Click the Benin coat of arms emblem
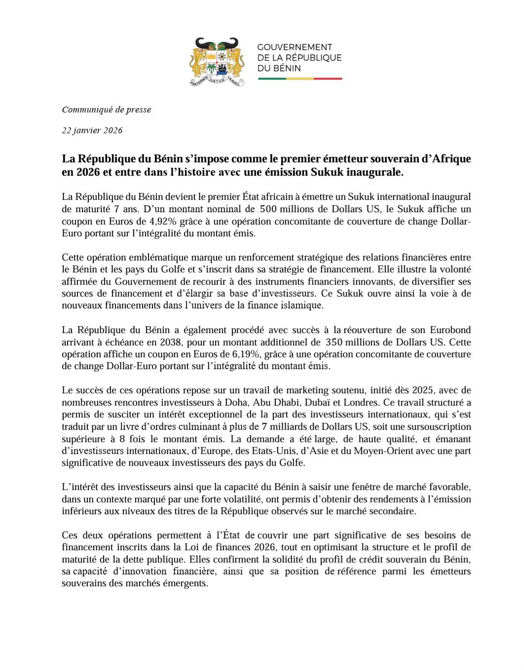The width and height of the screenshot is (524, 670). [x=217, y=62]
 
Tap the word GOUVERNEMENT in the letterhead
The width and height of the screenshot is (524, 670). [x=295, y=47]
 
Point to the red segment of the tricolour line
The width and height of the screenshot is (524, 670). [x=328, y=78]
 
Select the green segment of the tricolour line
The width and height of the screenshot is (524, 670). [x=272, y=78]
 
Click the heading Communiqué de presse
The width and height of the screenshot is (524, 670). [x=106, y=110]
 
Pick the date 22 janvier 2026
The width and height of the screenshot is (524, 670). [x=92, y=130]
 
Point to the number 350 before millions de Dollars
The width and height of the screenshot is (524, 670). [x=334, y=342]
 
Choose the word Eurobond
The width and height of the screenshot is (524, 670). [x=450, y=330]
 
